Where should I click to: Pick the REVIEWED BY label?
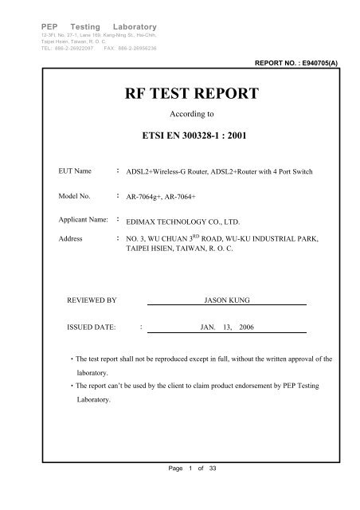pos(92,299)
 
